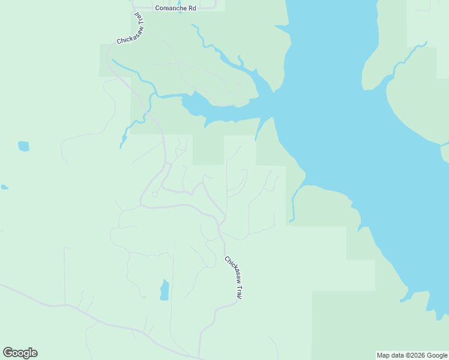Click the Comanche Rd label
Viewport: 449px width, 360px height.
tap(175, 8)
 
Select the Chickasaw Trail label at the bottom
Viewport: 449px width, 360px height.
tap(233, 278)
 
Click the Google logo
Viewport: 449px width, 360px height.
tap(20, 353)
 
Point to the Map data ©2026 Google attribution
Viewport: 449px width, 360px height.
tap(412, 355)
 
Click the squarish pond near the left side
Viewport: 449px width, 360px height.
tap(23, 146)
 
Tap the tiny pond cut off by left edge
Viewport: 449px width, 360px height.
tap(4, 187)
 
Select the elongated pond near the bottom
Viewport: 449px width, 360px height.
tap(164, 290)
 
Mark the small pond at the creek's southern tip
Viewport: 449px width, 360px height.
tap(124, 140)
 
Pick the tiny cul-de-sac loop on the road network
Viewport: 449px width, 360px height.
tap(154, 194)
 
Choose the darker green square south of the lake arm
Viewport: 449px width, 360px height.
tap(208, 149)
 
